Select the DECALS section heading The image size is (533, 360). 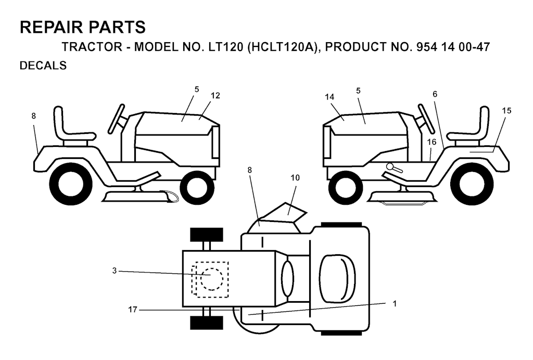[43, 65]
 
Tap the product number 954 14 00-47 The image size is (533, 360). [453, 47]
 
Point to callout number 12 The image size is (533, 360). [215, 96]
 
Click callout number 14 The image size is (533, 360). [329, 97]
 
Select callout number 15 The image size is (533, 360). [506, 110]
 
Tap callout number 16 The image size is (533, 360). [432, 142]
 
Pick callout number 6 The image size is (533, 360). [435, 94]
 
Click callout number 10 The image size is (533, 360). [295, 178]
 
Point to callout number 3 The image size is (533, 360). [115, 271]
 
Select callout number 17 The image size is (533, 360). [133, 309]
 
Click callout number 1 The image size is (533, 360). [395, 304]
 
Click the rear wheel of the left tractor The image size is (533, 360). [71, 183]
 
